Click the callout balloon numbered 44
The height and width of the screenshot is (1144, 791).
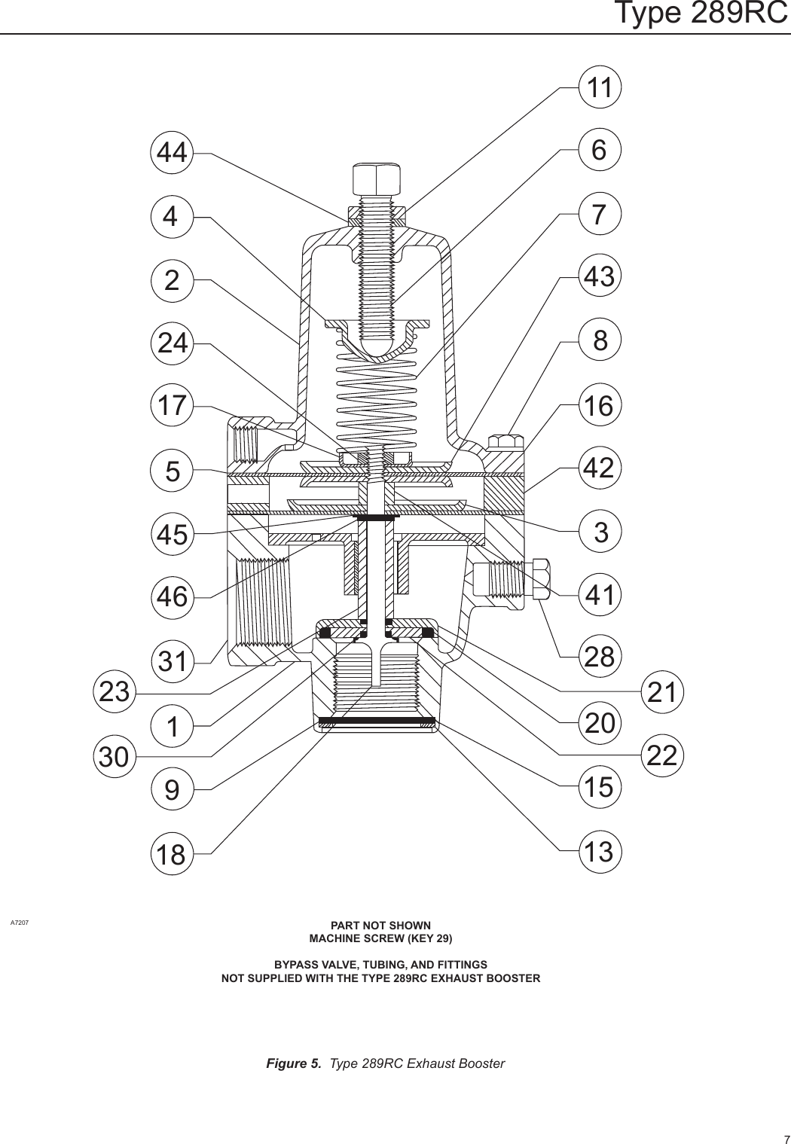click(x=172, y=153)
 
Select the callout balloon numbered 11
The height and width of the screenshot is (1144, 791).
click(x=600, y=87)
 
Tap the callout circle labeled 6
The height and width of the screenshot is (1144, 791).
click(x=600, y=151)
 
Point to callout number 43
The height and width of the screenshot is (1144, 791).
click(x=600, y=277)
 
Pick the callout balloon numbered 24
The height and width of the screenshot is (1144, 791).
click(x=172, y=343)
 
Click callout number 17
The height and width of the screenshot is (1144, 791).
click(x=172, y=405)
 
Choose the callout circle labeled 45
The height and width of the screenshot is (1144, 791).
click(x=172, y=535)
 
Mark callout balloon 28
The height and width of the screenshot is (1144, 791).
click(x=600, y=657)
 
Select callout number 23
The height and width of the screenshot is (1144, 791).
click(x=115, y=692)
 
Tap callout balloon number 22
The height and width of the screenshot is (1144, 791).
click(x=662, y=755)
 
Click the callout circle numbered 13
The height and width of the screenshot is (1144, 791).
click(x=600, y=853)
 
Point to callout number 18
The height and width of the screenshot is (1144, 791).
click(x=172, y=855)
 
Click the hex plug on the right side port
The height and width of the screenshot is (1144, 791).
click(x=541, y=579)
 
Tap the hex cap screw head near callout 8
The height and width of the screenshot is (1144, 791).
click(x=505, y=441)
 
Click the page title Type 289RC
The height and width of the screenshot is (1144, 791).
click(x=701, y=14)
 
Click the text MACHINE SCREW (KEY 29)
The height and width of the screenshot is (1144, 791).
click(x=381, y=938)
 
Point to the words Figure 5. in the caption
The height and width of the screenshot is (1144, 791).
click(x=294, y=1063)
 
